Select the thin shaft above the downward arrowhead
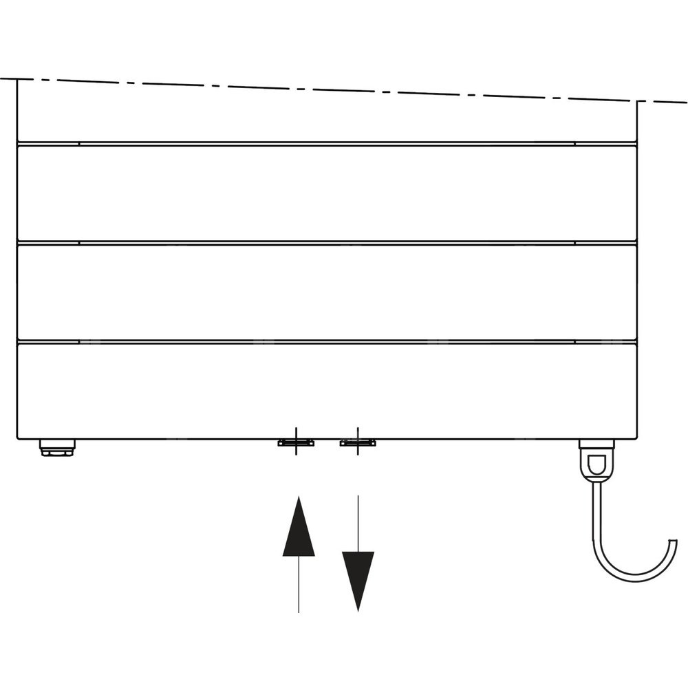[x=358, y=523]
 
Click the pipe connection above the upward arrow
[x=296, y=442]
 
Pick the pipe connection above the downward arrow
[x=358, y=442]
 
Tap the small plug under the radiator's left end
[x=57, y=448]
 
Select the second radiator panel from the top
[x=327, y=193]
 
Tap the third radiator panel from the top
[x=327, y=292]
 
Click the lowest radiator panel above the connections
[x=327, y=391]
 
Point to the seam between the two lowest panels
[x=327, y=341]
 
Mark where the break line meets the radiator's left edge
[x=17, y=79]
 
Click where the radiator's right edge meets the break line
[x=637, y=101]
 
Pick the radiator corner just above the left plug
[x=19, y=438]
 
